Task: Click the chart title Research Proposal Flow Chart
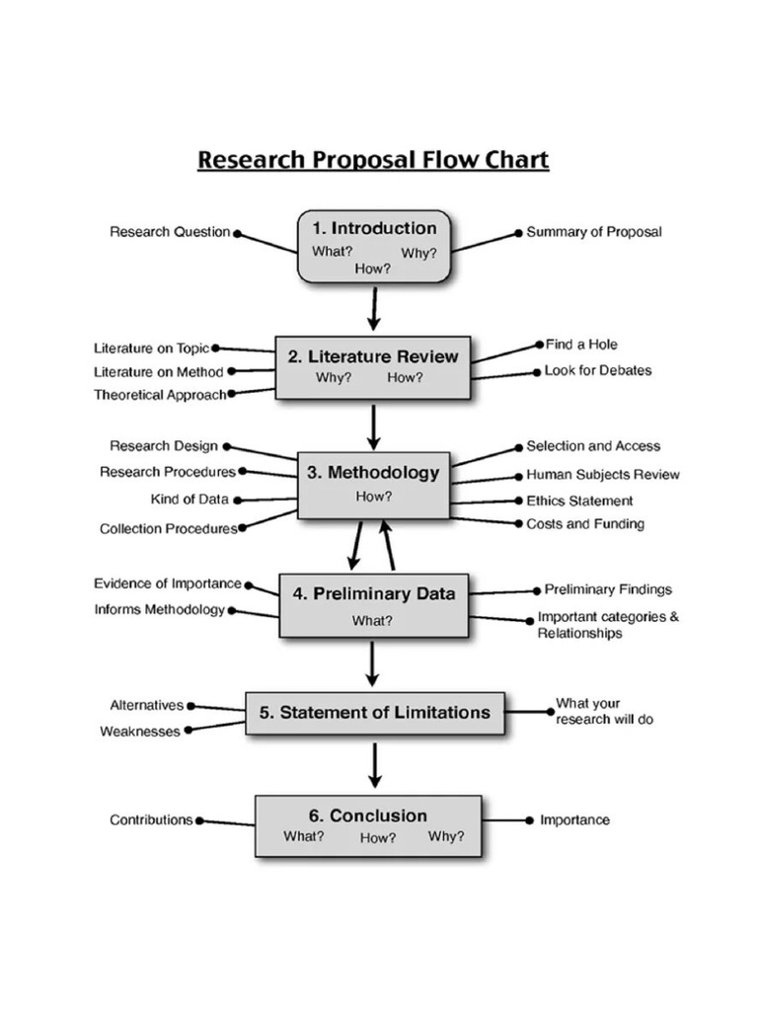tap(373, 160)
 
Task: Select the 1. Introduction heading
tap(374, 228)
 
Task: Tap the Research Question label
tap(170, 233)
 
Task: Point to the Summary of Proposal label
tap(594, 232)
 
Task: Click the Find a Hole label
tap(581, 345)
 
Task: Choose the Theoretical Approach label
tap(160, 395)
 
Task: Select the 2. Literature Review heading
tap(373, 356)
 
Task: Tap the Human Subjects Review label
tap(603, 475)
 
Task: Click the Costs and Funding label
tap(585, 523)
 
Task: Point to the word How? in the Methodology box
tap(373, 497)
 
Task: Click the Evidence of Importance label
tap(167, 583)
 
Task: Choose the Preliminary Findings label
tap(608, 589)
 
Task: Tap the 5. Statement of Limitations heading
tap(375, 712)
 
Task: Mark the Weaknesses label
tap(140, 732)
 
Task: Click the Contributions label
tap(151, 819)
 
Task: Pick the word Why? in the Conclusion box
tap(445, 836)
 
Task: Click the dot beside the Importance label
tap(531, 819)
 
